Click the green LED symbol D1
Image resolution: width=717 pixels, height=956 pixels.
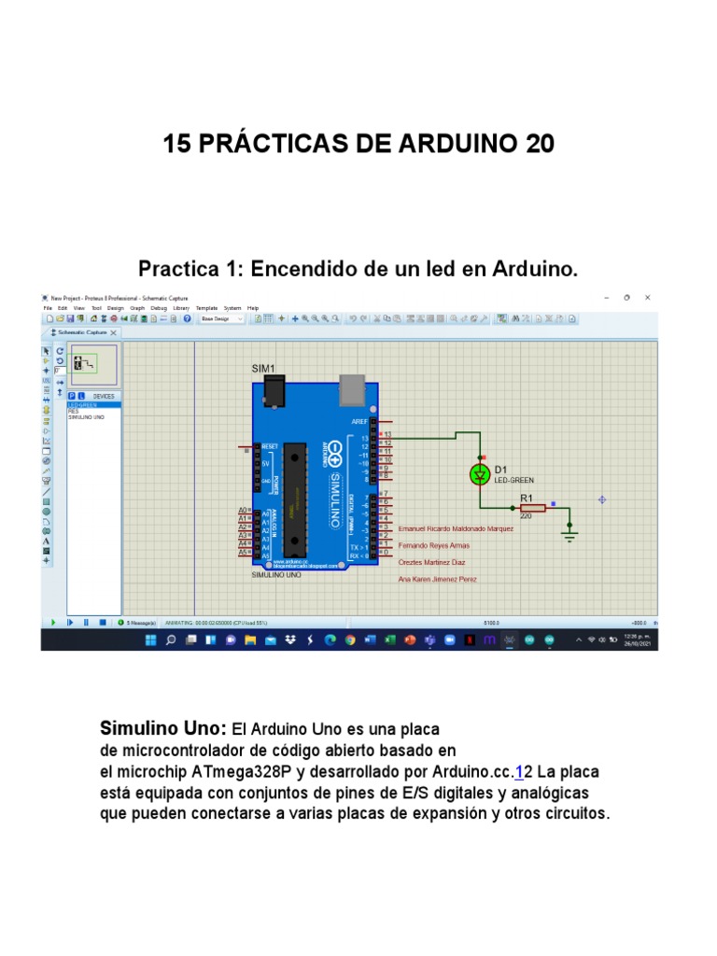pyautogui.click(x=480, y=474)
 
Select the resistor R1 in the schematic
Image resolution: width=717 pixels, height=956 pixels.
pyautogui.click(x=531, y=508)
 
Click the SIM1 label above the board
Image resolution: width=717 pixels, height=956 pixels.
pyautogui.click(x=263, y=369)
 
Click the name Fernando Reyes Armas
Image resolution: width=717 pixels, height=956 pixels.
pyautogui.click(x=434, y=545)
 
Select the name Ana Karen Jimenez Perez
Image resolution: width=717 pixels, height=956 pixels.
pyautogui.click(x=438, y=580)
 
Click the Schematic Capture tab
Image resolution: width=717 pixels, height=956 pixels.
pyautogui.click(x=82, y=332)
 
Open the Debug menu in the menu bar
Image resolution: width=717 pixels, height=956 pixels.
pyautogui.click(x=159, y=307)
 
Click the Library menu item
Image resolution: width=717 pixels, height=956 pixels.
pyautogui.click(x=181, y=307)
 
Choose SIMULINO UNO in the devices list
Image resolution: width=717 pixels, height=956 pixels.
pyautogui.click(x=86, y=417)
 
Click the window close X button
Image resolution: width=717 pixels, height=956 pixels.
pyautogui.click(x=648, y=297)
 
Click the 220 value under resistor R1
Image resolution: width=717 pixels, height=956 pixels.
pyautogui.click(x=526, y=516)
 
